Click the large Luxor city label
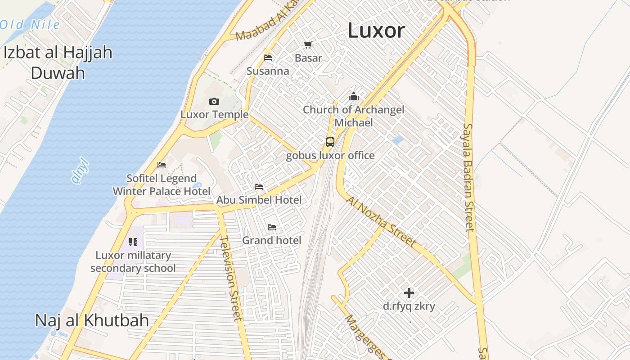click(376, 31)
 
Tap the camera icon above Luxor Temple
click(214, 102)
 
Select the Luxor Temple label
click(214, 114)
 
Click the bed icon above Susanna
click(268, 58)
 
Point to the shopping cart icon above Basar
click(308, 45)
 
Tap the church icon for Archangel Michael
click(354, 96)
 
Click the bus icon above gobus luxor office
click(330, 142)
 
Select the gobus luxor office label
click(330, 156)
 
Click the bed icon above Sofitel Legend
click(162, 165)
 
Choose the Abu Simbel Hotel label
click(259, 199)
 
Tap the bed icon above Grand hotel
click(272, 227)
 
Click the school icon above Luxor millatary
click(133, 242)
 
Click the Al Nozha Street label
click(382, 221)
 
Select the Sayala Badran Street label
click(468, 177)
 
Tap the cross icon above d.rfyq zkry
click(409, 293)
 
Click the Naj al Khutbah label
click(92, 320)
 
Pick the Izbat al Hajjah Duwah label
click(58, 62)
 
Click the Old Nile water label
click(30, 24)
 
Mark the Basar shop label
click(308, 58)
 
